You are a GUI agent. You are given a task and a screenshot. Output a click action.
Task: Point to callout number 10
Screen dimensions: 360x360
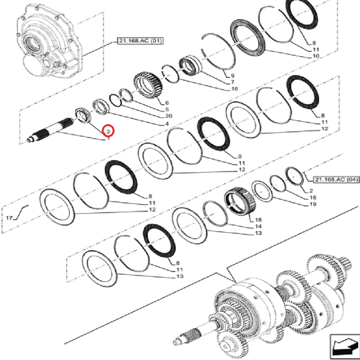315,55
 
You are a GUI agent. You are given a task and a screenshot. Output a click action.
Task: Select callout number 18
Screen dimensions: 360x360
235,88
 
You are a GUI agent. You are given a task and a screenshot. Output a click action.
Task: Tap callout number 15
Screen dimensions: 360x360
259,220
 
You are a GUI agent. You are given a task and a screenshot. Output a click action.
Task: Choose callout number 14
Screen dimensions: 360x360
259,227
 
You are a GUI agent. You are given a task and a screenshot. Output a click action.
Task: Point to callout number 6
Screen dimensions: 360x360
167,103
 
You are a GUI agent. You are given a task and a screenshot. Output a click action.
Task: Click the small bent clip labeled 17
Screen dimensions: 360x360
23,211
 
